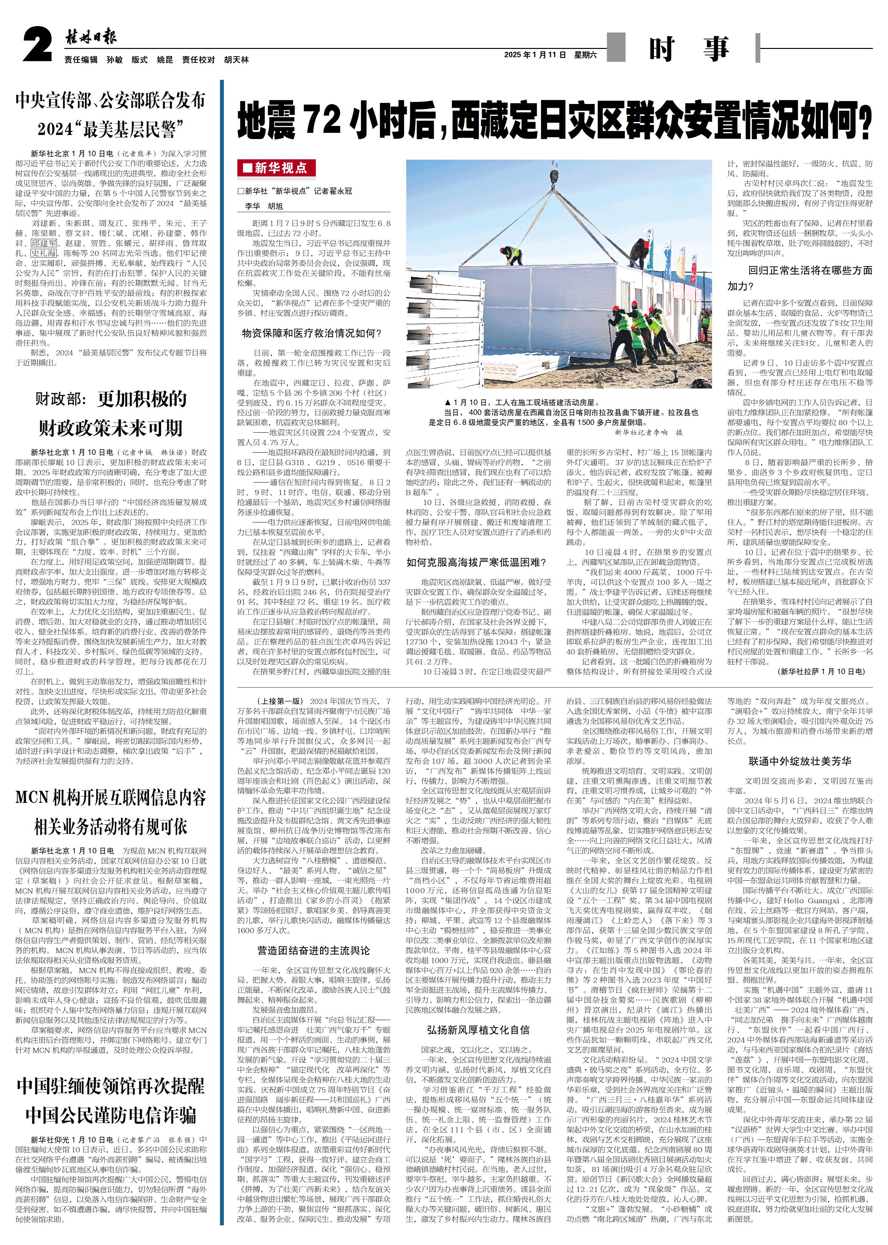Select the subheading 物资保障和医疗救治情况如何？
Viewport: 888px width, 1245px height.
click(x=312, y=333)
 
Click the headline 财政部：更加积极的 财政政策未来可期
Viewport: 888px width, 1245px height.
click(x=110, y=413)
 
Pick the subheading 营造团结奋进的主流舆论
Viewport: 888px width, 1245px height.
click(x=313, y=950)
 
